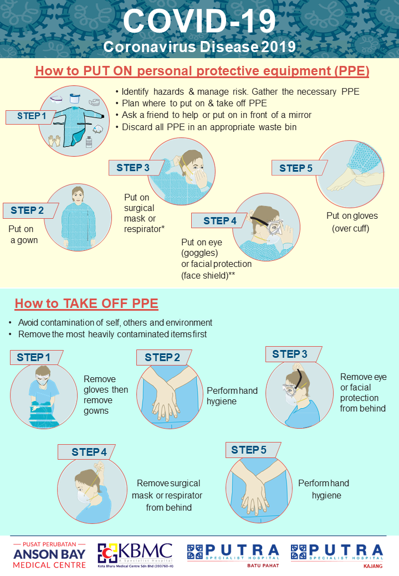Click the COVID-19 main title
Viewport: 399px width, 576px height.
pyautogui.click(x=199, y=21)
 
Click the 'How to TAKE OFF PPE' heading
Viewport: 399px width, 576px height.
pyautogui.click(x=86, y=304)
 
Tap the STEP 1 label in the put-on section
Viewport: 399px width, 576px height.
pyautogui.click(x=32, y=116)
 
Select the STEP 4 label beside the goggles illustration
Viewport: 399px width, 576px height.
pyautogui.click(x=220, y=221)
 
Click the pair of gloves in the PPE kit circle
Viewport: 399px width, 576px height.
pyautogui.click(x=55, y=140)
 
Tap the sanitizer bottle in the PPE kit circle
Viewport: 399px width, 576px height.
pyautogui.click(x=89, y=141)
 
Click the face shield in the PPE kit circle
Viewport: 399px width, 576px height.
pyautogui.click(x=75, y=99)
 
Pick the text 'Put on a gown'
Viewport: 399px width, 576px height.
pyautogui.click(x=23, y=234)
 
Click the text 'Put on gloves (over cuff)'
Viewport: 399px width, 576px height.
pyautogui.click(x=352, y=222)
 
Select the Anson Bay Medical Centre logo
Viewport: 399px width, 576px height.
pyautogui.click(x=49, y=555)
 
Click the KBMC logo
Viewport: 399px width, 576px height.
pyautogui.click(x=135, y=555)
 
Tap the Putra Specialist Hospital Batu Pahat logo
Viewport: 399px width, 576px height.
pyautogui.click(x=233, y=556)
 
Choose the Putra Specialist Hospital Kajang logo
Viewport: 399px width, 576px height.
pyautogui.click(x=337, y=556)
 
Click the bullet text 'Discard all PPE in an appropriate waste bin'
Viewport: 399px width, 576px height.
pyautogui.click(x=209, y=127)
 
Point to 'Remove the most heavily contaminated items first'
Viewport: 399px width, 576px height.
pyautogui.click(x=112, y=335)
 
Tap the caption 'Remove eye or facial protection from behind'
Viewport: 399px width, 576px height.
pyautogui.click(x=363, y=392)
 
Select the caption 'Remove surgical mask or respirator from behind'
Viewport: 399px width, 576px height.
pyautogui.click(x=167, y=495)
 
